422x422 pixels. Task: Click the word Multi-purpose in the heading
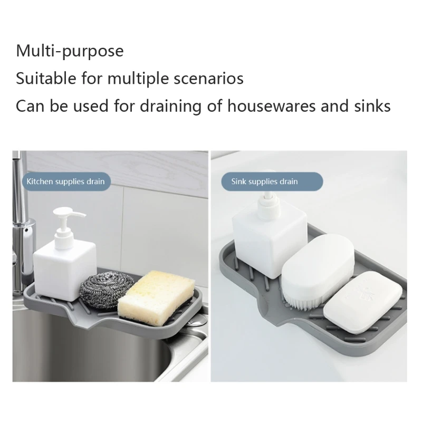click(x=70, y=51)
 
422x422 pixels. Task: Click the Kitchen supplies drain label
click(x=65, y=181)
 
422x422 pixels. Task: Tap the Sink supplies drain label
click(x=264, y=181)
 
